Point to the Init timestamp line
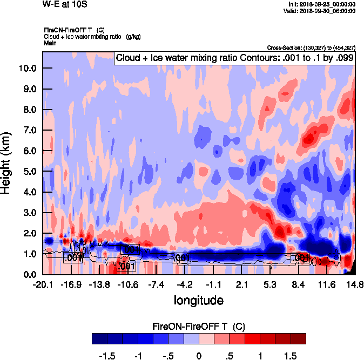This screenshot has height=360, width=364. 322,4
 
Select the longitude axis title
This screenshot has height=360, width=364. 199,300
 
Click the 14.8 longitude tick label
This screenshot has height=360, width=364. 354,284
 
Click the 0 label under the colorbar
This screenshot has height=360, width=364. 199,357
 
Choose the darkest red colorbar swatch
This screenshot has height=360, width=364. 298,338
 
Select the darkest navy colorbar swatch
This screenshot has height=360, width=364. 99,338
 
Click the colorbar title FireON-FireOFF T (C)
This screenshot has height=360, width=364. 199,327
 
